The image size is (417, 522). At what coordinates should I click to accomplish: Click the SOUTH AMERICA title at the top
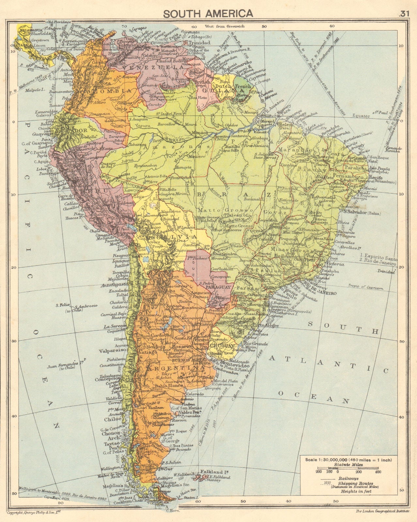(x=208, y=13)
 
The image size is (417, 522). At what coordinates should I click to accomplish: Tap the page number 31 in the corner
(x=403, y=13)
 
